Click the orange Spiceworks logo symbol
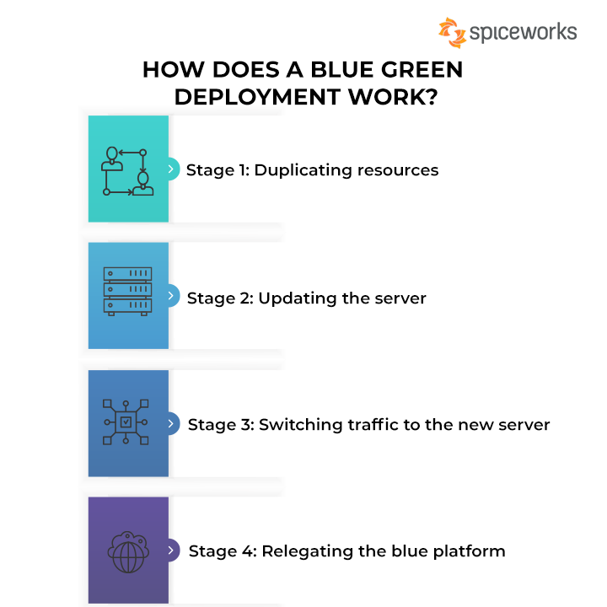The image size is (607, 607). pyautogui.click(x=452, y=33)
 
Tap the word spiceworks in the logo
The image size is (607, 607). pyautogui.click(x=523, y=33)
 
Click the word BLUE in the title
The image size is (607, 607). pyautogui.click(x=341, y=70)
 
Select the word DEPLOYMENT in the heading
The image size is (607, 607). pyautogui.click(x=257, y=97)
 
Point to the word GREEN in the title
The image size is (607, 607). pyautogui.click(x=422, y=70)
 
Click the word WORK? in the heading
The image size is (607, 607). pyautogui.click(x=393, y=97)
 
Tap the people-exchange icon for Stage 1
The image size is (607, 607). pyautogui.click(x=127, y=171)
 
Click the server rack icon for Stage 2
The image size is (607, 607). pyautogui.click(x=127, y=292)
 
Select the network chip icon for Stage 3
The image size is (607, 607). pyautogui.click(x=126, y=422)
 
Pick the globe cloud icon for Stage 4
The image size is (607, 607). pyautogui.click(x=128, y=552)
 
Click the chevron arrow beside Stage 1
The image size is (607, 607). pyautogui.click(x=170, y=169)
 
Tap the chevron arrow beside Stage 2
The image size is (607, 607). pyautogui.click(x=170, y=296)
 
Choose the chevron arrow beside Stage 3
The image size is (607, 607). pyautogui.click(x=170, y=423)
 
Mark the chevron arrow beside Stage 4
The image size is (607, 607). pyautogui.click(x=170, y=550)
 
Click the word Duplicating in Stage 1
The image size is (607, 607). pyautogui.click(x=303, y=170)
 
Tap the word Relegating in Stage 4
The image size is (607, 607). pyautogui.click(x=308, y=551)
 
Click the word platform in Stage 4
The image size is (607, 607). pyautogui.click(x=470, y=551)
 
